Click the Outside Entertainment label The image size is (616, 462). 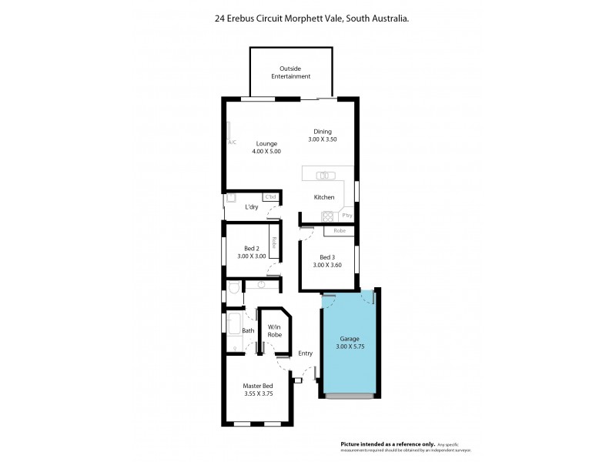coord(291,72)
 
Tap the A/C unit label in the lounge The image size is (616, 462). coord(232,142)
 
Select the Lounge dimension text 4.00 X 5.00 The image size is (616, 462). coord(266,152)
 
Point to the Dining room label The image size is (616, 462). coord(323,132)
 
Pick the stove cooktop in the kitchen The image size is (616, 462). coord(327,216)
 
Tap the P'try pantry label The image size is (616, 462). coord(347,216)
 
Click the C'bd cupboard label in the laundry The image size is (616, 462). coord(270,198)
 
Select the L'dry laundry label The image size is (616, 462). coord(251,207)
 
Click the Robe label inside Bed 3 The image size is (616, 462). coord(339,230)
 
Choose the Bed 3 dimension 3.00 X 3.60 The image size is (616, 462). coord(327,266)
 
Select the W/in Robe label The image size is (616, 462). coord(273,332)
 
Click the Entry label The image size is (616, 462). coord(306,353)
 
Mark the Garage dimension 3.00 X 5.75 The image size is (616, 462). coord(350,347)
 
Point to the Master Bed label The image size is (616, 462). coord(257,386)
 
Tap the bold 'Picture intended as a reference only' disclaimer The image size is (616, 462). coord(388,444)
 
